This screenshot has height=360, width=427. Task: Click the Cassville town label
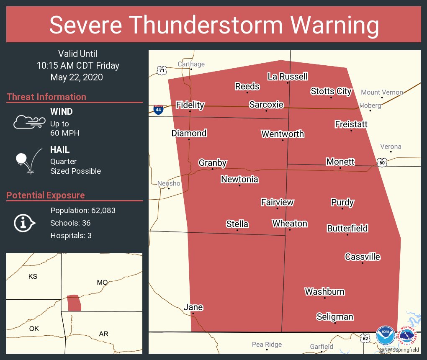coord(363,257)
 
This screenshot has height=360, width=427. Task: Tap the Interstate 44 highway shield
coord(158,110)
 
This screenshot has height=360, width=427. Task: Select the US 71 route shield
coord(162,70)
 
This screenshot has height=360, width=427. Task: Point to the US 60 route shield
coord(382,162)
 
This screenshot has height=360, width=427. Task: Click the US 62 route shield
coord(365,337)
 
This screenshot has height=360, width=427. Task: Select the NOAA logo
coord(385,335)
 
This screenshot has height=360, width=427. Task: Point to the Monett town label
coord(340,162)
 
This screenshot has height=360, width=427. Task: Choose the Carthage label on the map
coord(191,64)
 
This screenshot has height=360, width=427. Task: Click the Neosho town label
coord(169,183)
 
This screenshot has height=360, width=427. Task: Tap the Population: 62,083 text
coord(83,210)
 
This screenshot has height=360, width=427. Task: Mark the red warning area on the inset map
coord(74,303)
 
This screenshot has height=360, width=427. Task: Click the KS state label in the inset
coord(33,276)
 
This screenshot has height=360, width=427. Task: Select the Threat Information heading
coord(46,97)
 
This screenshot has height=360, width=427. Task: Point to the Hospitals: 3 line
coord(71,235)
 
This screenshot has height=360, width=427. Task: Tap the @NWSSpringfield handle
coord(399,349)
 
